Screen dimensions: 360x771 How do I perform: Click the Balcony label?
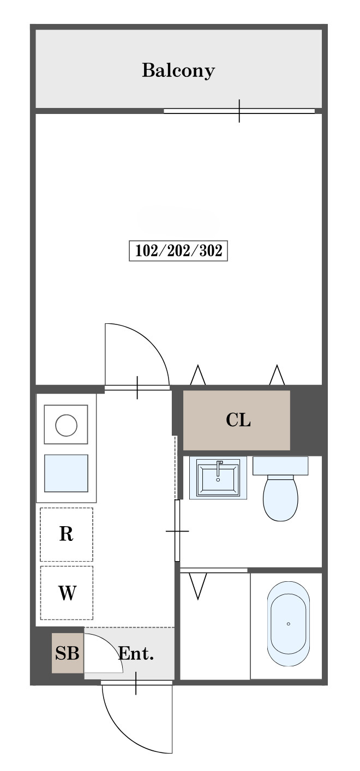click(178, 71)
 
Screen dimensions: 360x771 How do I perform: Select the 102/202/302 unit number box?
click(178, 251)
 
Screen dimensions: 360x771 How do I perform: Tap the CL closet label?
click(238, 420)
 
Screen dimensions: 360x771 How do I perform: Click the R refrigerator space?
click(67, 534)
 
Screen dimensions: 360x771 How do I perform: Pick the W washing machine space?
click(67, 593)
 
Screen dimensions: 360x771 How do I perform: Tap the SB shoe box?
click(68, 653)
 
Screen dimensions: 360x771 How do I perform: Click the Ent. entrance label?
click(136, 653)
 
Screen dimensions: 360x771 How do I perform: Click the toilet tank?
click(280, 466)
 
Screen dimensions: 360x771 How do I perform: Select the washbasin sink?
click(218, 478)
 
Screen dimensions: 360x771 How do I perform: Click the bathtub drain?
click(289, 624)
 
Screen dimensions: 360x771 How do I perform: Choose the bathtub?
click(289, 624)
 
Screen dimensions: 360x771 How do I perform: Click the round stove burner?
click(66, 425)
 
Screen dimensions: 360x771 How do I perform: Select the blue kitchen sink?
click(66, 473)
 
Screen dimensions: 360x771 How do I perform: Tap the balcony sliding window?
click(239, 111)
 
